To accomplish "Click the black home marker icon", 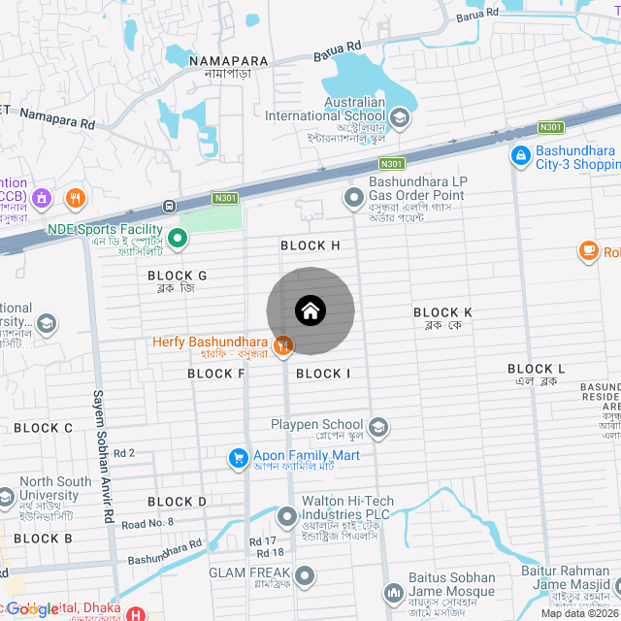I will pos(310,310).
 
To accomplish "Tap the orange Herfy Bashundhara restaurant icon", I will pos(283,344).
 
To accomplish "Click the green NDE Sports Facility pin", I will pos(178,237).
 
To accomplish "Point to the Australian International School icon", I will pos(400,118).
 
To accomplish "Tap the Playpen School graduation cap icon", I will pos(377,426).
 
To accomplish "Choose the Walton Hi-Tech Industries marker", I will pos(286,515).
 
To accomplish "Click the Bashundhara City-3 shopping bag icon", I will pos(520,154).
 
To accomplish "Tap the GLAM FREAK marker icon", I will pos(306,575).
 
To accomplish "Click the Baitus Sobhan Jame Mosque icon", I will pos(394,591).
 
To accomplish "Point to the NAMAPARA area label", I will pos(220,61).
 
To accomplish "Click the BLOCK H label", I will pos(310,245).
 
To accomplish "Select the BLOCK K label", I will pos(442,312).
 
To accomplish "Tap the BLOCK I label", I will pos(323,374).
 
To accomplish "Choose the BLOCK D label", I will pos(178,502).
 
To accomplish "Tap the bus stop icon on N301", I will pos(170,206).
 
